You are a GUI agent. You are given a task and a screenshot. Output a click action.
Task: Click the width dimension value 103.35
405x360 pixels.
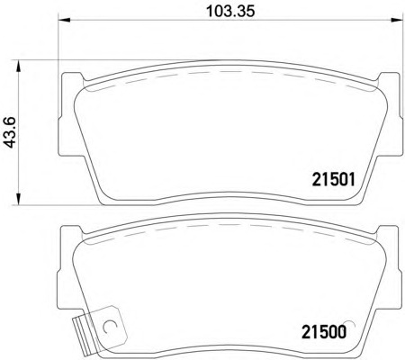(x=227, y=13)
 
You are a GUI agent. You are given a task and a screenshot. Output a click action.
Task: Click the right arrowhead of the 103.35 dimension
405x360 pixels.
(x=390, y=25)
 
